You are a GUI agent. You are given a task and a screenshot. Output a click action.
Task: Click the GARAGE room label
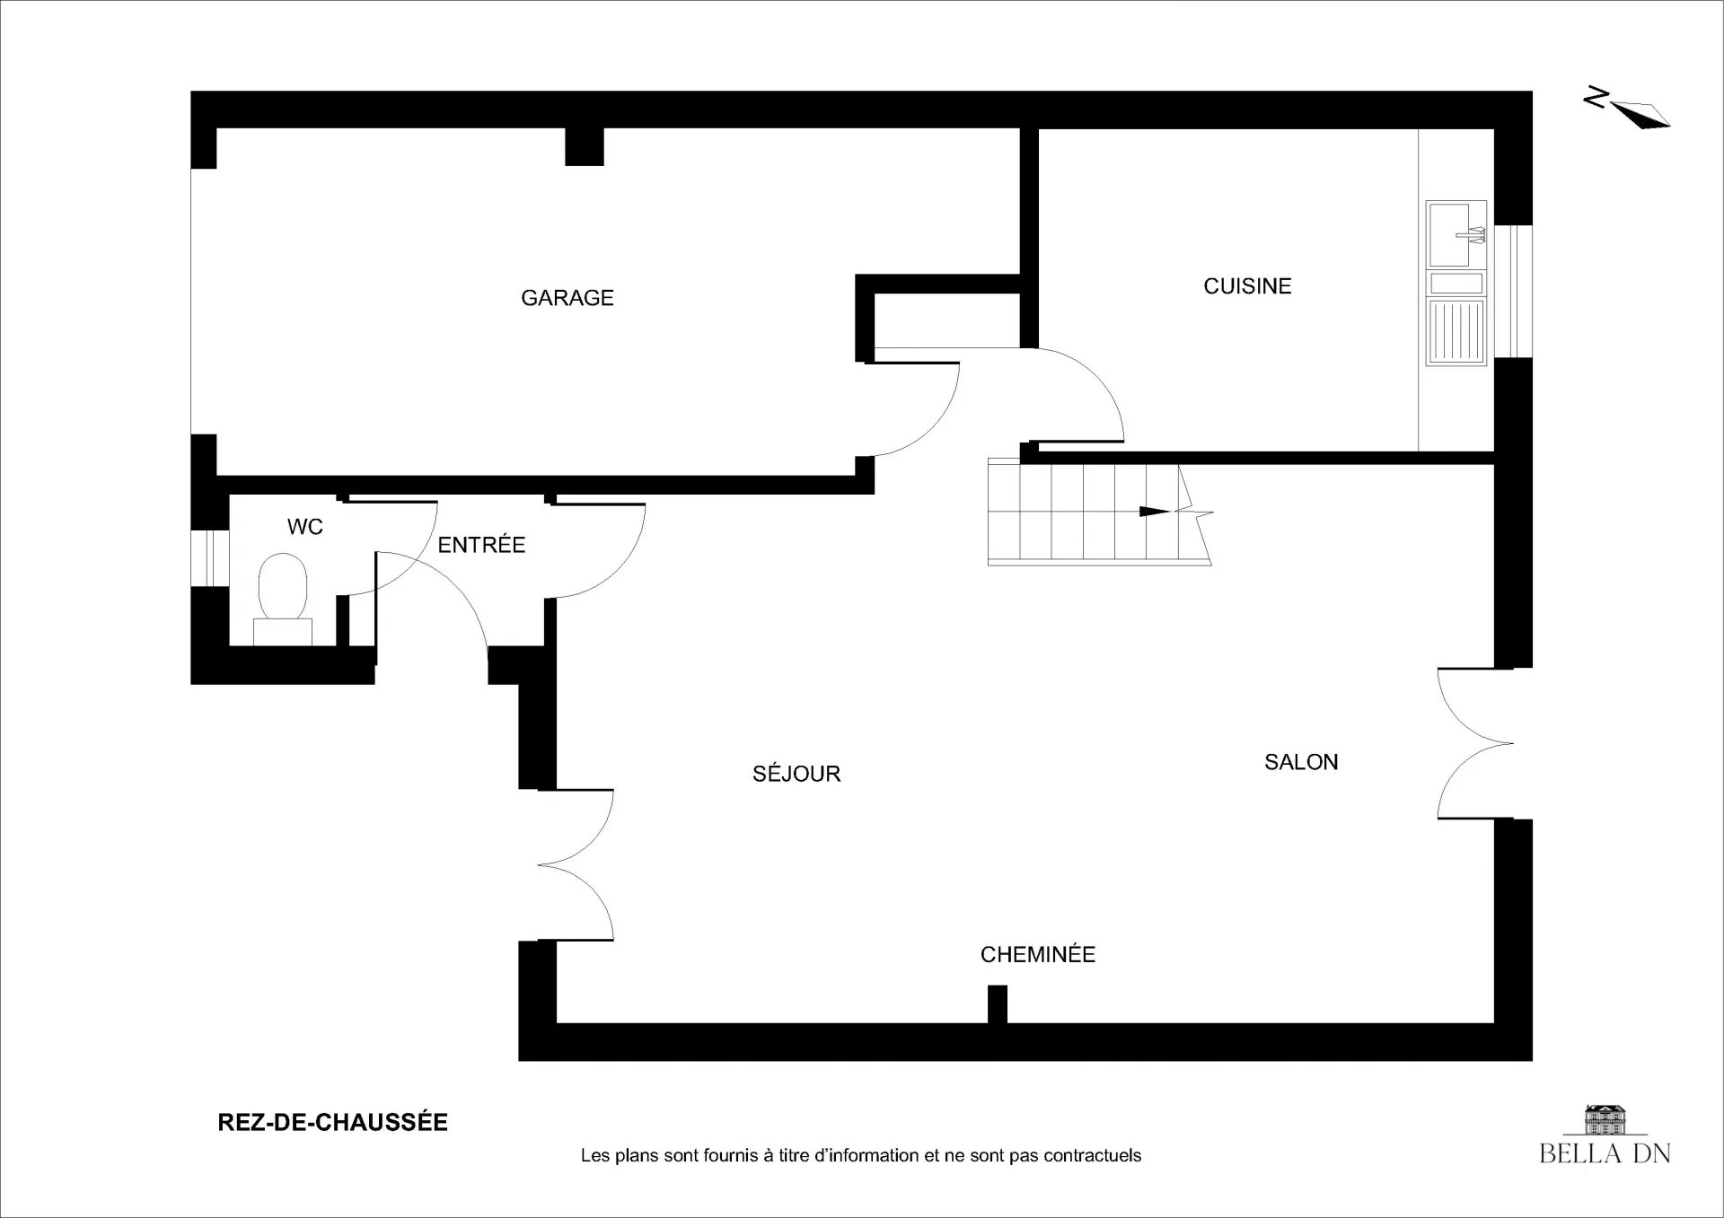point(567,298)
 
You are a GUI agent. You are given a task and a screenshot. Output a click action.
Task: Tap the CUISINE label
point(1247,286)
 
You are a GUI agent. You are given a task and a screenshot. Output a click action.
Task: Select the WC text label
point(305,527)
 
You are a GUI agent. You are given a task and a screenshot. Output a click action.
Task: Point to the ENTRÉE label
point(481,544)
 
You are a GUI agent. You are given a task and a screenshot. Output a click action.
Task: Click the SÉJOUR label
point(796,773)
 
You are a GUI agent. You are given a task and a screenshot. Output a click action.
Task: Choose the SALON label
point(1301,762)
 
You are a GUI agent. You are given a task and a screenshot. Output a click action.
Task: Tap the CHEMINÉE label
point(1038,954)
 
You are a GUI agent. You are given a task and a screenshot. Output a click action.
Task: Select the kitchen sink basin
point(1456,234)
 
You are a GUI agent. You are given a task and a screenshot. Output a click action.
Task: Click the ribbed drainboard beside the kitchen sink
point(1456,332)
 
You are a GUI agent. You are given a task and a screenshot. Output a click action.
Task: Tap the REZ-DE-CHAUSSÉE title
point(333,1123)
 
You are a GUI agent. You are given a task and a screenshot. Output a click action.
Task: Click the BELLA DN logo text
point(1605,1153)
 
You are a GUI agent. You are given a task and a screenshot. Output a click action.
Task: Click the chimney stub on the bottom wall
point(997,1004)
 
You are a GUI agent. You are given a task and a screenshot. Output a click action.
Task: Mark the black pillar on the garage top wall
point(585,147)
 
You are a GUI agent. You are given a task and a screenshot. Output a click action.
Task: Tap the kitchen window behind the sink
point(1514,291)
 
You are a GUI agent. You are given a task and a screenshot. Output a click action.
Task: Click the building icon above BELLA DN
point(1605,1118)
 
